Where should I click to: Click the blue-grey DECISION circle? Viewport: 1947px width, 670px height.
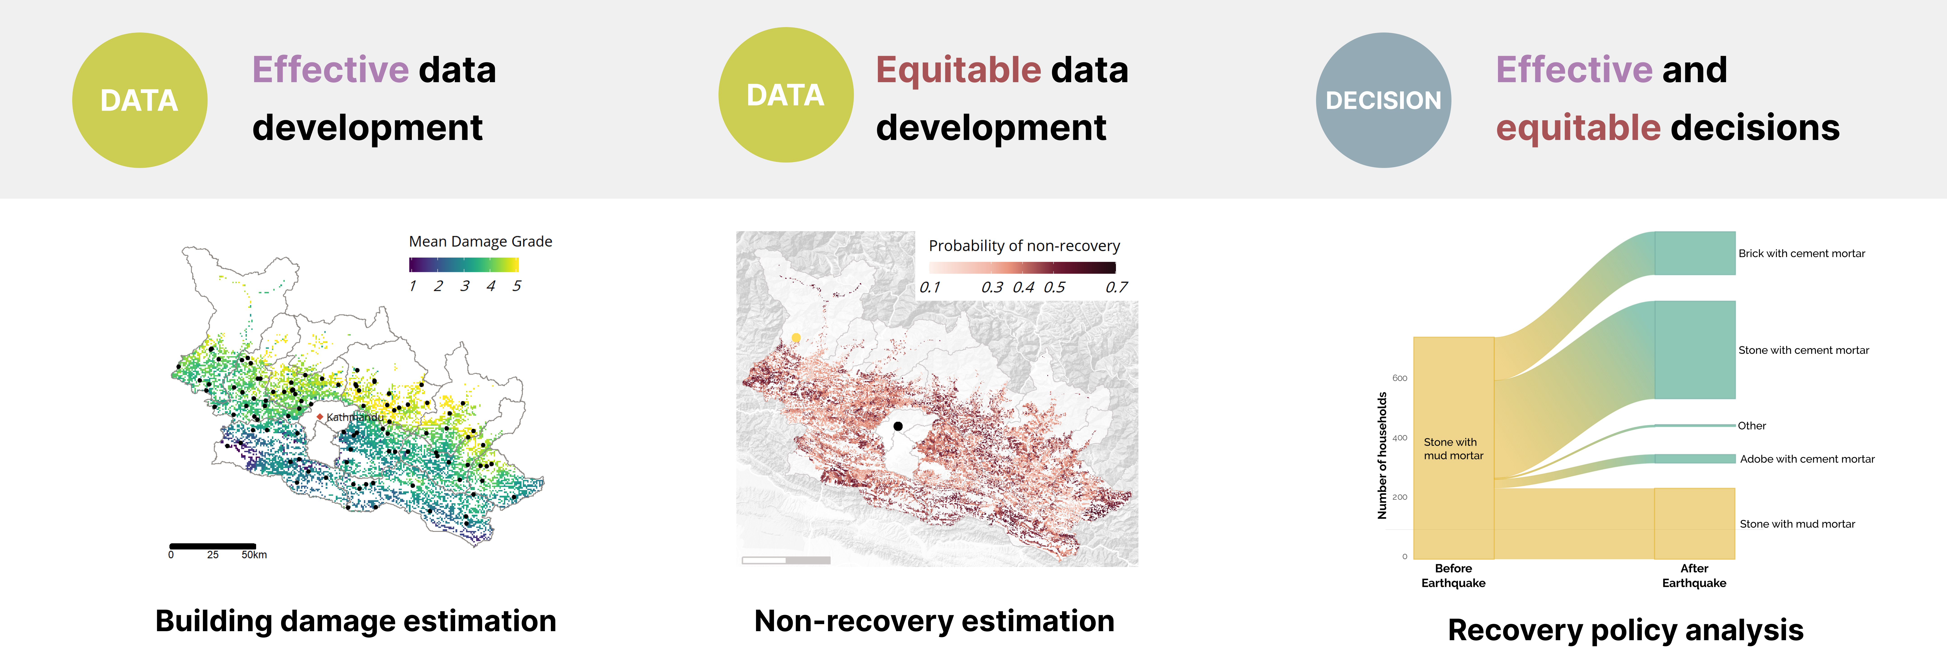click(1383, 100)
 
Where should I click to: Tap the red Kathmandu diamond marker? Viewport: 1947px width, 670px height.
click(320, 417)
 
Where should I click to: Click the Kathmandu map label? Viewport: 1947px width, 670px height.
click(355, 417)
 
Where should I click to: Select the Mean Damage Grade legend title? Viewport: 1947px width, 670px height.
click(481, 241)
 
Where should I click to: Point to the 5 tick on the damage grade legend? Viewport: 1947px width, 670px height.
click(516, 286)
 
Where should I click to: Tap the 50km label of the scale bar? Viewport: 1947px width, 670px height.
click(254, 555)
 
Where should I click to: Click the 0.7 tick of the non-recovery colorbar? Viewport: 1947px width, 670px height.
click(1116, 287)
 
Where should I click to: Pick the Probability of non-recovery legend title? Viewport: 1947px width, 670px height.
click(1024, 246)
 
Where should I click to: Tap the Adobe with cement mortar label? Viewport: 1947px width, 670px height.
click(1807, 459)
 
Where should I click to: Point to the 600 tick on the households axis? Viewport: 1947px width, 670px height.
click(1400, 378)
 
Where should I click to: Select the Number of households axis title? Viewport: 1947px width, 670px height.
click(1382, 455)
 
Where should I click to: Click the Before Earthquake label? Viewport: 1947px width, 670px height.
click(1453, 575)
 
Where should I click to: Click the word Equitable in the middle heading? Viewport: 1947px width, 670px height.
click(958, 70)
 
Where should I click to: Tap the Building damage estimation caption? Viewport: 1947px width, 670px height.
click(356, 621)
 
